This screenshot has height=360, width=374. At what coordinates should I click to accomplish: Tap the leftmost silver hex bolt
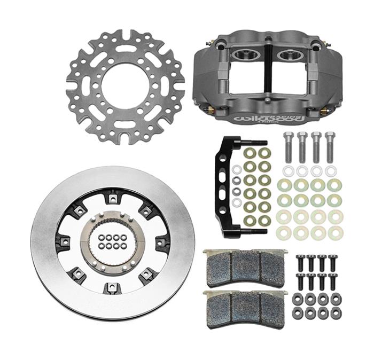coord(287,146)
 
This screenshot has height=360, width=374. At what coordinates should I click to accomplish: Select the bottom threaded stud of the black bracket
coord(256,231)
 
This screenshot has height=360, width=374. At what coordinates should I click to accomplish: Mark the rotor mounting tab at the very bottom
coord(112,288)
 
